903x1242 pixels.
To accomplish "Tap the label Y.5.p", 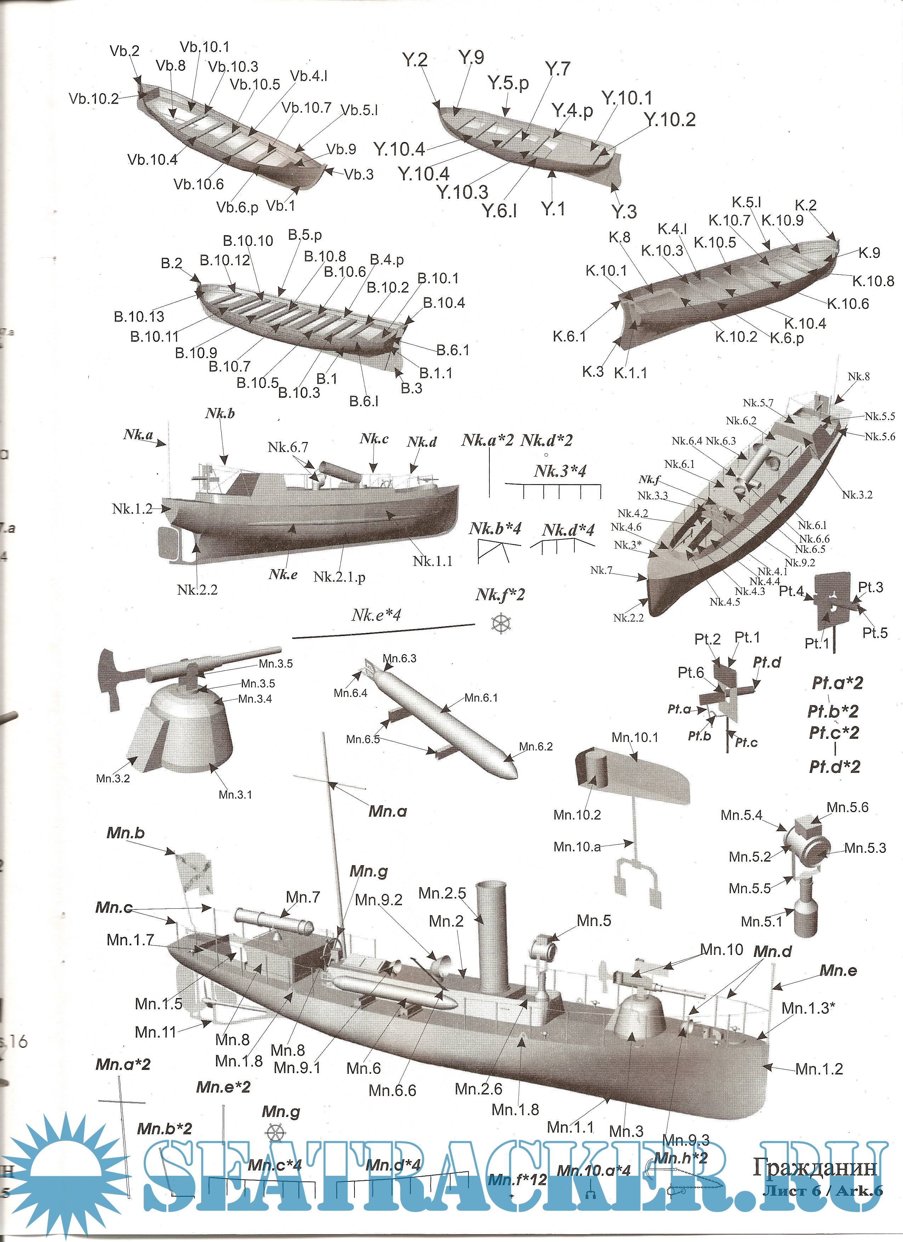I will point(508,83).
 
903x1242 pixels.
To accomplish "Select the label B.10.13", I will point(139,317).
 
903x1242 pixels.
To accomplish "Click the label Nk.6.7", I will point(288,447).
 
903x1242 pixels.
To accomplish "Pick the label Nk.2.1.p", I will point(339,577).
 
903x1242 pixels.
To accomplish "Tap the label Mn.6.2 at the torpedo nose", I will point(535,747).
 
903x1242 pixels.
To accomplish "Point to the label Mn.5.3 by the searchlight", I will point(865,848).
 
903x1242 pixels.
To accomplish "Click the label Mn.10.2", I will point(577,815).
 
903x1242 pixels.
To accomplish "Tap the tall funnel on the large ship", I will point(491,936).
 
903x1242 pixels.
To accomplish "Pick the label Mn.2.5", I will point(442,893).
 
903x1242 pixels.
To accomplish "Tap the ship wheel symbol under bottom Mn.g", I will point(276,1134).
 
